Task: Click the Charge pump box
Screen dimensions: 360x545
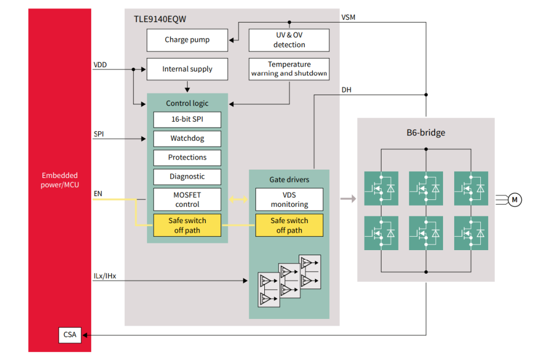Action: click(x=187, y=40)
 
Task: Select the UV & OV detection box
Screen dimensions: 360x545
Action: click(x=289, y=40)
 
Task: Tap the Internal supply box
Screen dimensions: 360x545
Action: click(x=187, y=69)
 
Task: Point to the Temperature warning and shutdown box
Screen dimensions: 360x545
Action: click(x=289, y=69)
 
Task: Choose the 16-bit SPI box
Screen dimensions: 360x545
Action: click(x=187, y=119)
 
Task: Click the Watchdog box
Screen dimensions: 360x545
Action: click(x=187, y=139)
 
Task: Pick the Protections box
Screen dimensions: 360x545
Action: click(x=187, y=158)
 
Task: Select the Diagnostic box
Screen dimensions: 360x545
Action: click(x=187, y=177)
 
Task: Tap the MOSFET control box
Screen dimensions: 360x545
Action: click(x=187, y=199)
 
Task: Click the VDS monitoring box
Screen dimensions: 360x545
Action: click(x=289, y=199)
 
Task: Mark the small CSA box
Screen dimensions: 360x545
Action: click(x=70, y=335)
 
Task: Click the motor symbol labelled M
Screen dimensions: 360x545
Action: click(x=515, y=199)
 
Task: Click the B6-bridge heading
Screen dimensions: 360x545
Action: click(x=426, y=134)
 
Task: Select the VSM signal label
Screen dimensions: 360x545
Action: click(x=348, y=17)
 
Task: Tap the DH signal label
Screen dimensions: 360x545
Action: click(x=347, y=90)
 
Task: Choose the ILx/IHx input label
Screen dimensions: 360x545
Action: click(x=105, y=276)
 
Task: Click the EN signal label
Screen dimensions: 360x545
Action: click(x=98, y=194)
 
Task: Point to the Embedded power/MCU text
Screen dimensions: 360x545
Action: click(x=60, y=180)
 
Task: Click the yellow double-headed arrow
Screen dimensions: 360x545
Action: click(x=238, y=199)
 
